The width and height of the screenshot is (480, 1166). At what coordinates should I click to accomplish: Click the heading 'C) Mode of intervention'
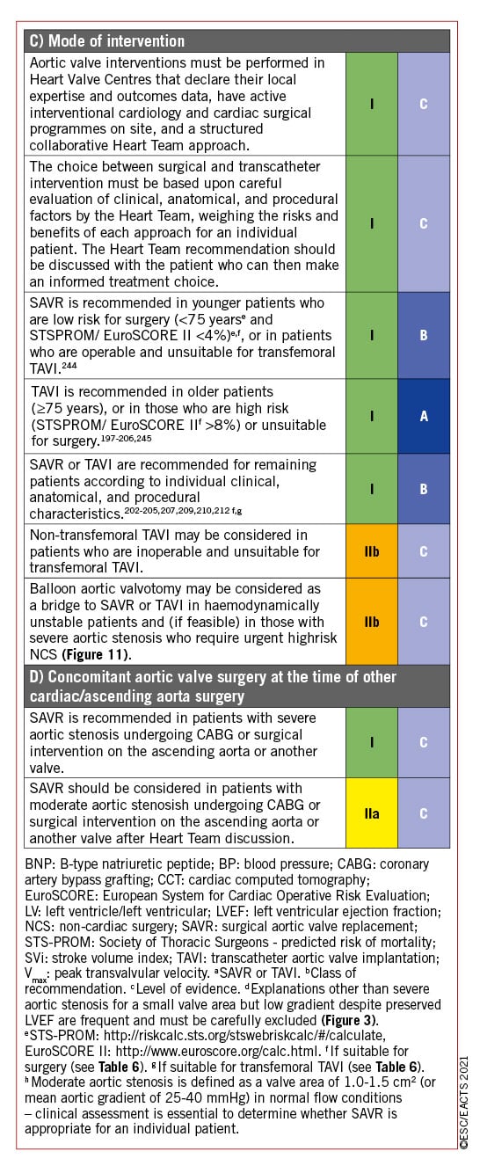[x=106, y=40]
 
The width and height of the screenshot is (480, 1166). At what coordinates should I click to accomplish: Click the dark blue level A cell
[x=424, y=416]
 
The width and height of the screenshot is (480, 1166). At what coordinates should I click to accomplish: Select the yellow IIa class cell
[x=372, y=813]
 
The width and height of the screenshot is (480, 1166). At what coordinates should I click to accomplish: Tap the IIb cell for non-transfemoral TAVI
[x=372, y=550]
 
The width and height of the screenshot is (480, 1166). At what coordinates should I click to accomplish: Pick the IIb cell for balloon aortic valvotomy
[x=372, y=621]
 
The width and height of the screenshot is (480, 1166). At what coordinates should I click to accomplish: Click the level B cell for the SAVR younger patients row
[x=424, y=335]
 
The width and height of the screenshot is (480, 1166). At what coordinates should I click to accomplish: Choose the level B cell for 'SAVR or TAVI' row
[x=424, y=489]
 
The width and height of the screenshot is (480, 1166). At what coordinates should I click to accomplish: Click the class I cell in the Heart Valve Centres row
[x=372, y=104]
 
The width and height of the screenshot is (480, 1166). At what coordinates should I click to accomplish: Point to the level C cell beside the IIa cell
[x=424, y=813]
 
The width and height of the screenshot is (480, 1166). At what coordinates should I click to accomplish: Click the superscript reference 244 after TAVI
[x=69, y=366]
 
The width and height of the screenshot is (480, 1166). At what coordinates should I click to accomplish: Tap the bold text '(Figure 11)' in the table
[x=97, y=654]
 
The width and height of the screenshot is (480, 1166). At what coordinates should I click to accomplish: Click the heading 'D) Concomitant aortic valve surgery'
[x=213, y=686]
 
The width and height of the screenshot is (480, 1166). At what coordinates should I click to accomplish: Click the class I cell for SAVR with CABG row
[x=372, y=742]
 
